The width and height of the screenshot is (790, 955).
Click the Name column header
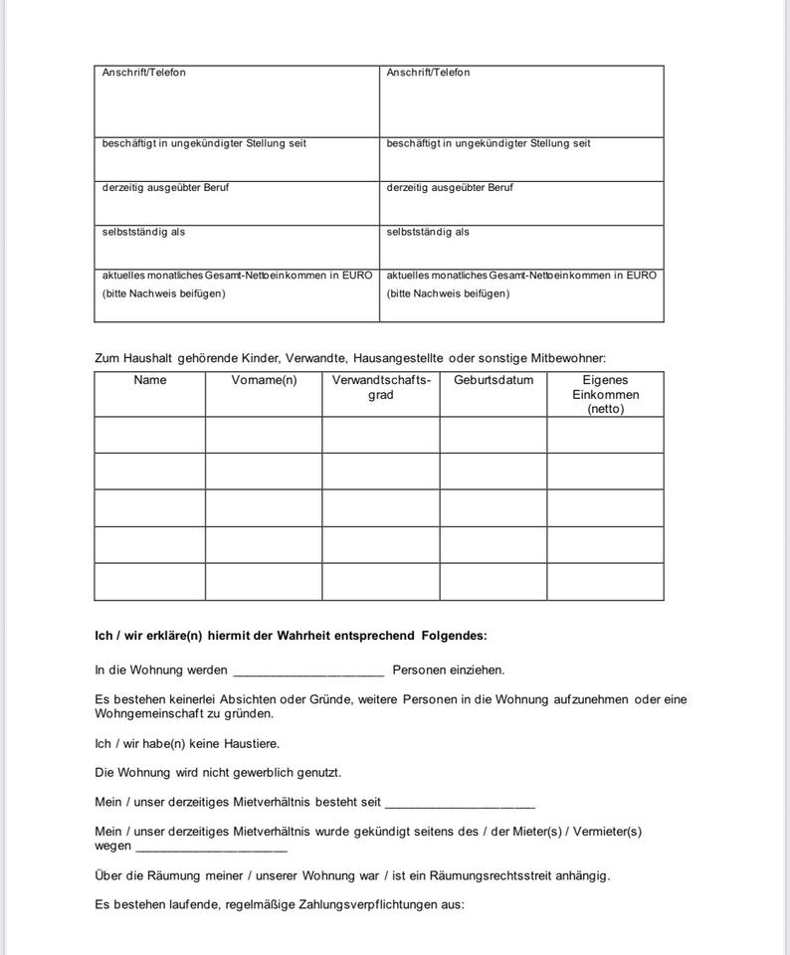click(150, 380)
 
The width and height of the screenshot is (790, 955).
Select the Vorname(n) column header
click(264, 380)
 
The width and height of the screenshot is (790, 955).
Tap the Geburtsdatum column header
click(494, 380)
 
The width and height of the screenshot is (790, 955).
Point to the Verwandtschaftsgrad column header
click(381, 387)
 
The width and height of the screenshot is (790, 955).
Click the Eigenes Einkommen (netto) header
click(605, 394)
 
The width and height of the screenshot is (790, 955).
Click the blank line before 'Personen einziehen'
click(307, 671)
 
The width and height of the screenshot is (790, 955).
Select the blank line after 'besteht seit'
click(460, 803)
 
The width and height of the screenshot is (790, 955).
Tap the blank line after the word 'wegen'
click(211, 848)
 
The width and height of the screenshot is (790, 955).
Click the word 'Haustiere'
click(252, 743)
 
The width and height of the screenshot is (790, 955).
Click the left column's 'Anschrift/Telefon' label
click(144, 73)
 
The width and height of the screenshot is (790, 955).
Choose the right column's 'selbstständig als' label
click(428, 232)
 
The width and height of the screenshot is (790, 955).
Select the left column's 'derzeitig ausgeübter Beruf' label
click(165, 188)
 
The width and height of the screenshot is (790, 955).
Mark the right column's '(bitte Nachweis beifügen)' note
click(448, 293)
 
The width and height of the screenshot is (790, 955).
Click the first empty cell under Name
click(150, 435)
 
